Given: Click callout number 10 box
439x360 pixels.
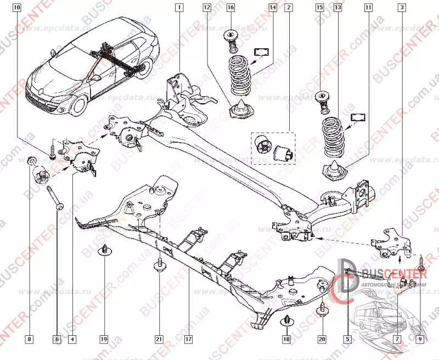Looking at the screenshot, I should click(x=17, y=8).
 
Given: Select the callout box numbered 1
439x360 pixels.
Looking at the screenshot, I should click(x=178, y=8).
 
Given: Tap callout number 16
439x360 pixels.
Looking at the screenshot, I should click(x=230, y=8).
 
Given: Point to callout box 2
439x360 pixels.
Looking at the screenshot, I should click(x=289, y=8).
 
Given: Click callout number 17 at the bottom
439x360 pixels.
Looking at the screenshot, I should click(x=188, y=339).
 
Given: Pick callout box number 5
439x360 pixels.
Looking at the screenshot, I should click(x=347, y=339).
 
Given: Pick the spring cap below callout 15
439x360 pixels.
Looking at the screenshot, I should click(x=322, y=99).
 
